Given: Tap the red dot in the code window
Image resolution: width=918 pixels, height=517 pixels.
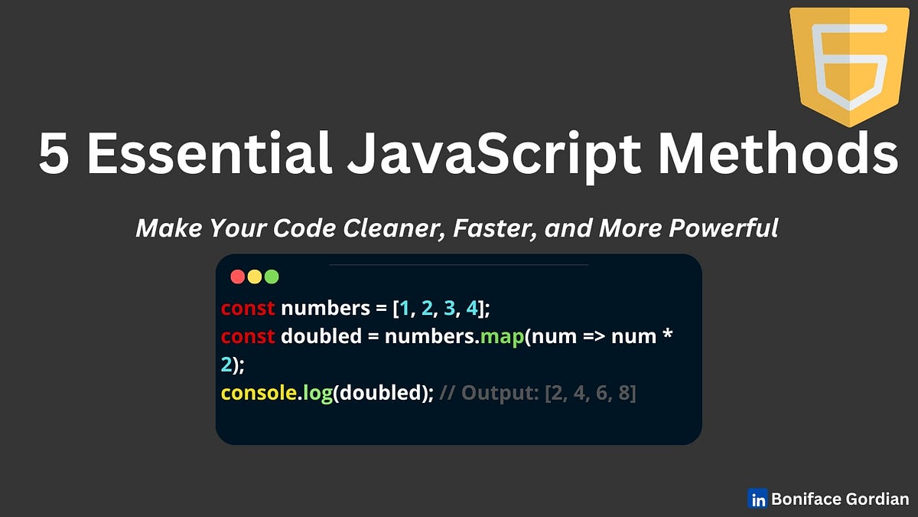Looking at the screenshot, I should pos(237,276).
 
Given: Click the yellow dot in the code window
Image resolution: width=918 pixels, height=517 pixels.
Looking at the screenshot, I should pos(254,276).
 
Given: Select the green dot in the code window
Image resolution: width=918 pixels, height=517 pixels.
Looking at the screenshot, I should pos(271,276).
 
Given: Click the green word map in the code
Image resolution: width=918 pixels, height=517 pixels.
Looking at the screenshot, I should pos(501,337).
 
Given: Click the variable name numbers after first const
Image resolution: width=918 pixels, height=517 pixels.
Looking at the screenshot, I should pos(325,309).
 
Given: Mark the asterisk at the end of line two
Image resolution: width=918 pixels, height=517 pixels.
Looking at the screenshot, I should pos(666,335).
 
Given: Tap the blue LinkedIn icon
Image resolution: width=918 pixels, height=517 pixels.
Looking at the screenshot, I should pos(758,499).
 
